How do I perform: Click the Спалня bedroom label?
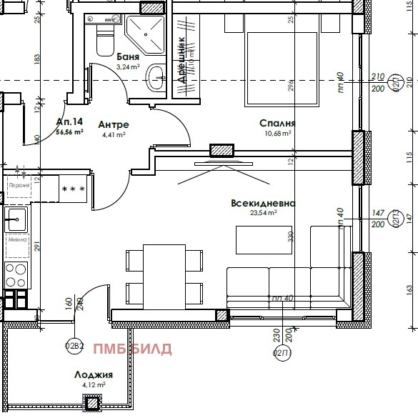pyautogui.click(x=277, y=123)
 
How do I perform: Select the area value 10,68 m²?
pyautogui.click(x=277, y=133)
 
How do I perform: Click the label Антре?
pyautogui.click(x=114, y=124)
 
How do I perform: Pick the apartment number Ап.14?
pyautogui.click(x=69, y=121)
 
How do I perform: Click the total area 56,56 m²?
pyautogui.click(x=70, y=131)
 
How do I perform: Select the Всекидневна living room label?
pyautogui.click(x=263, y=203)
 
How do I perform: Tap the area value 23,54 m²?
pyautogui.click(x=263, y=213)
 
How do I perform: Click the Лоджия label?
pyautogui.click(x=93, y=374)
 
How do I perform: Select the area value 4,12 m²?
pyautogui.click(x=93, y=384)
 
